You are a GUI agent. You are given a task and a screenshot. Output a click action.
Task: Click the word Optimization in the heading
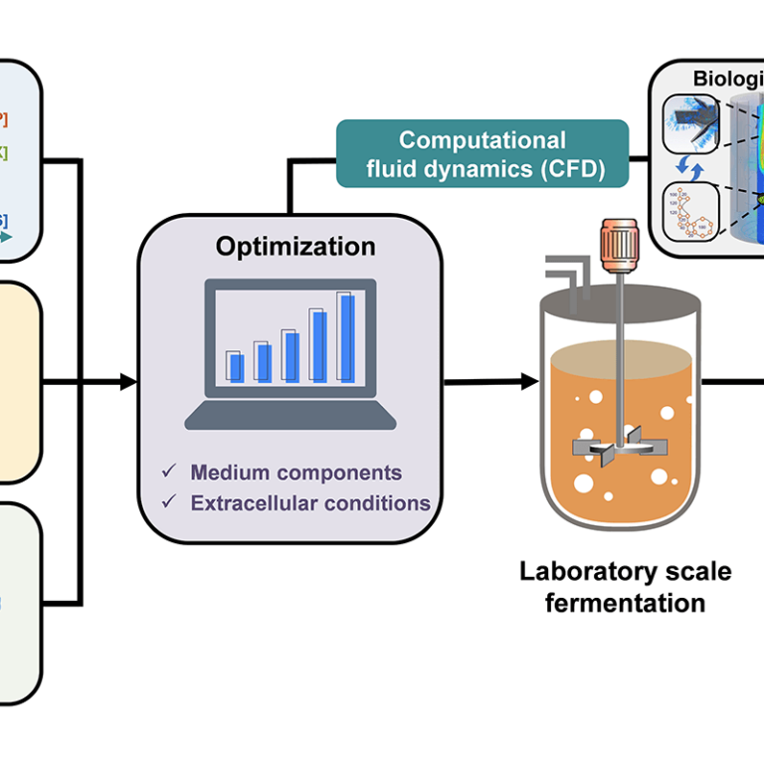pyautogui.click(x=295, y=247)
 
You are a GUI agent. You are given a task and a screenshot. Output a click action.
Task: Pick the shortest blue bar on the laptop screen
pyautogui.click(x=236, y=367)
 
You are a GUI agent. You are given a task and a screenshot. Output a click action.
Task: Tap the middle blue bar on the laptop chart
pyautogui.click(x=291, y=356)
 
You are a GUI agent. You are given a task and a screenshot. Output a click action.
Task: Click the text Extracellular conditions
pyautogui.click(x=310, y=502)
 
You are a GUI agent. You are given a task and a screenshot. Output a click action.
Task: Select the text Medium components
pyautogui.click(x=296, y=473)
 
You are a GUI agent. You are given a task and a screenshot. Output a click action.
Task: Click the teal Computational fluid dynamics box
pyautogui.click(x=482, y=154)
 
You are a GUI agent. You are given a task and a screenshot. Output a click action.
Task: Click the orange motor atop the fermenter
pyautogui.click(x=619, y=244)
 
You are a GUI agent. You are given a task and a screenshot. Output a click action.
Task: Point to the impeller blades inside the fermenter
pyautogui.click(x=618, y=448)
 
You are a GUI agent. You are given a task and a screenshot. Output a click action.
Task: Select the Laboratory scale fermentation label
pyautogui.click(x=625, y=587)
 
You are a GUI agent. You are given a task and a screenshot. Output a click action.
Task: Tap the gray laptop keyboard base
pyautogui.click(x=289, y=415)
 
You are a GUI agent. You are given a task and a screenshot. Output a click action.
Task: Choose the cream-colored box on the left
pyautogui.click(x=20, y=382)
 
